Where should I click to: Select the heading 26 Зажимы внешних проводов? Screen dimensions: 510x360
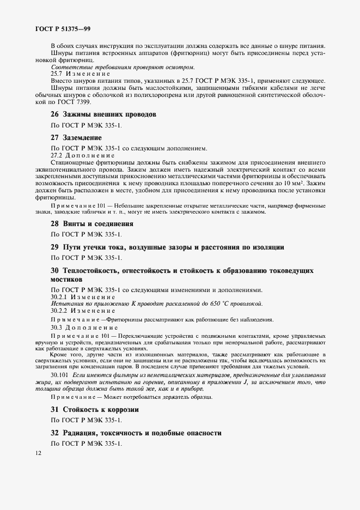click(x=103, y=114)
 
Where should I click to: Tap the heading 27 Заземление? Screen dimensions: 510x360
click(x=76, y=137)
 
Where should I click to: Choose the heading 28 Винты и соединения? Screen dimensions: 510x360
click(x=91, y=224)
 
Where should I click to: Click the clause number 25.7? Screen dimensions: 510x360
click(x=57, y=74)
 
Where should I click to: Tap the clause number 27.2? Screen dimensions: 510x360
click(x=57, y=155)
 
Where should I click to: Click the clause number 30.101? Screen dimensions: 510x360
click(x=60, y=376)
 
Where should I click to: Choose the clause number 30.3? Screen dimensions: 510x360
click(x=57, y=328)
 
